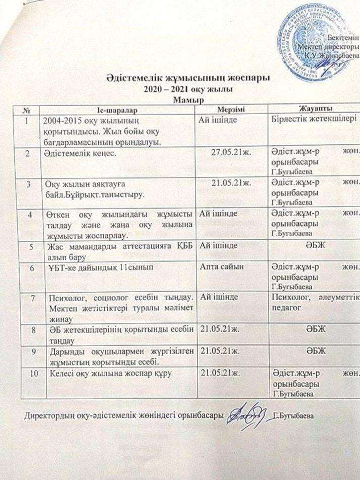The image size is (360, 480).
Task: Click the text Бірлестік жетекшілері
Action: [x=307, y=119]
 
